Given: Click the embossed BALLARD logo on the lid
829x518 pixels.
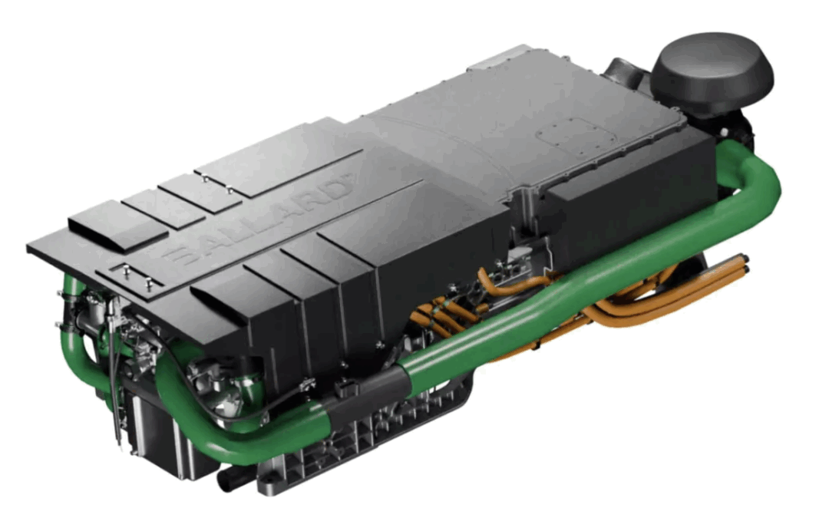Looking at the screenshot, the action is [259, 221].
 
